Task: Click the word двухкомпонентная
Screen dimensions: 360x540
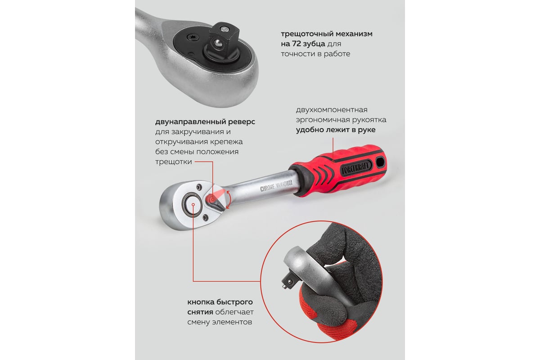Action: pyautogui.click(x=332, y=110)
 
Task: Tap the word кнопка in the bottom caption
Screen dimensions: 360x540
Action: pyautogui.click(x=202, y=302)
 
